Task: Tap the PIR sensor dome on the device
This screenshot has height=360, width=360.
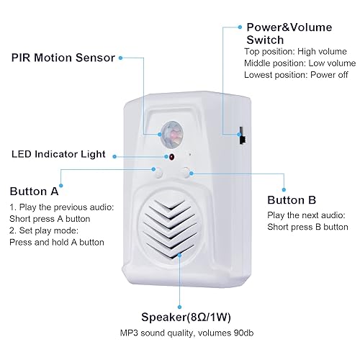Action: (173, 132)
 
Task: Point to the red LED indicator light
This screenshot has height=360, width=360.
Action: (171, 156)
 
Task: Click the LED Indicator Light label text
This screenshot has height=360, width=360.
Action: (58, 154)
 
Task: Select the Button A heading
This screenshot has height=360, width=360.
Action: (35, 192)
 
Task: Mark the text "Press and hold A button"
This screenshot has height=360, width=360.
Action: (56, 243)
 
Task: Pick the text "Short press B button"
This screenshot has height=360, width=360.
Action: (307, 226)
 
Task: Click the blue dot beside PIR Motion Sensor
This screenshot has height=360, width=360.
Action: (120, 56)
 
